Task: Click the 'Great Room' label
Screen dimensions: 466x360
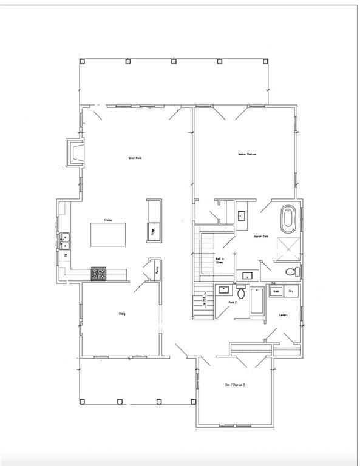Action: [134, 158]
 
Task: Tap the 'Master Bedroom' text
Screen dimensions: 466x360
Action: [246, 154]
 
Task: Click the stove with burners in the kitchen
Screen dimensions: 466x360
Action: [99, 274]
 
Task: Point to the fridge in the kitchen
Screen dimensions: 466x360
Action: [152, 229]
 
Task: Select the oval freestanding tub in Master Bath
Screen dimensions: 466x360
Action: [287, 218]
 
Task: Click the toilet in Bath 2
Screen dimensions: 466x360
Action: [241, 293]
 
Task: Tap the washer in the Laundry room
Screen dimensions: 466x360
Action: [276, 291]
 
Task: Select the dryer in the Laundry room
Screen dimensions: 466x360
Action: [291, 291]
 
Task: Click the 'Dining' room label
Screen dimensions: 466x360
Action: [122, 314]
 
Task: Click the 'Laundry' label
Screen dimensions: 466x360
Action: [283, 315]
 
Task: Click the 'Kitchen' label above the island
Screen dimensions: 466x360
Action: [107, 220]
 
